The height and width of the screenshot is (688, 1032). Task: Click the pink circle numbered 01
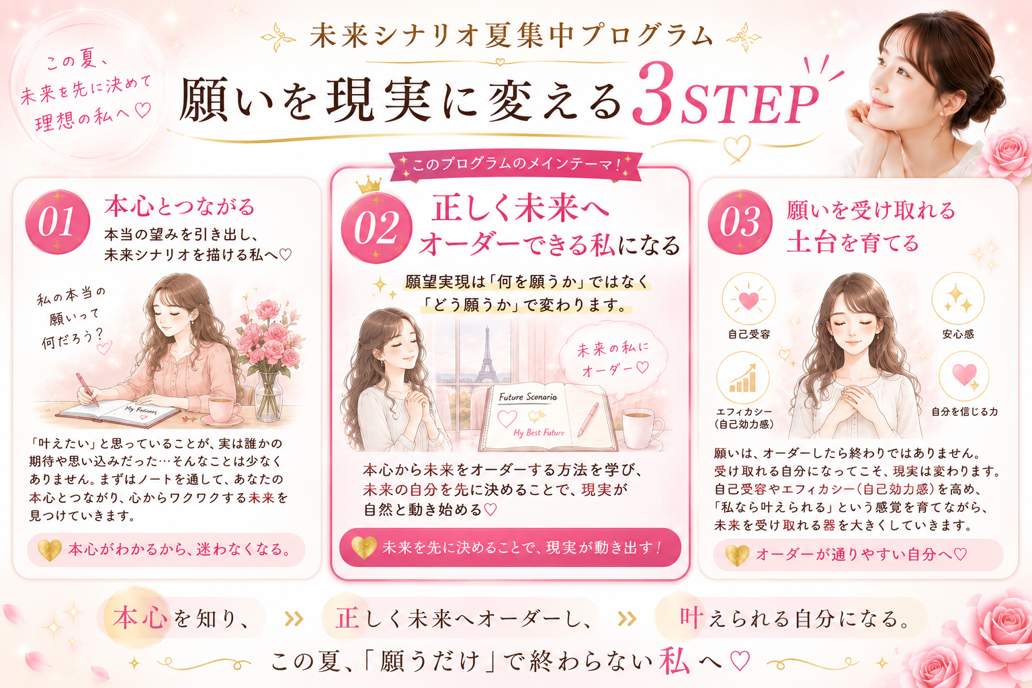point(58,222)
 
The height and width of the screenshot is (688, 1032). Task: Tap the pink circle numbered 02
point(376,228)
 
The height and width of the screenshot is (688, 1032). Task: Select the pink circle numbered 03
point(740,222)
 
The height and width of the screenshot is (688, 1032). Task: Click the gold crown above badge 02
point(369,185)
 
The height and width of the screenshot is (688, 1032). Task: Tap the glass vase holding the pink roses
point(269,396)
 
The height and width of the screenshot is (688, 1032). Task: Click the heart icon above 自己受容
point(748,300)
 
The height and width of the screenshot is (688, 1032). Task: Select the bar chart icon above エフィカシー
point(742,378)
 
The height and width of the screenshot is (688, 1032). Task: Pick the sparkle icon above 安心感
point(958,298)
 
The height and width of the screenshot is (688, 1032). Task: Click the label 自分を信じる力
point(964,411)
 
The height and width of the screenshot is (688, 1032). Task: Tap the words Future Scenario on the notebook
point(528,397)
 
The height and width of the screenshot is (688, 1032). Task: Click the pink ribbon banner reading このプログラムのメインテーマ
point(516,165)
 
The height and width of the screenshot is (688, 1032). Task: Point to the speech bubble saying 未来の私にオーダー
point(613,359)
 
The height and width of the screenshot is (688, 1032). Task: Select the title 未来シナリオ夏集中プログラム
point(511,36)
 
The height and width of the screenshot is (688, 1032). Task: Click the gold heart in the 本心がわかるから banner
point(49,550)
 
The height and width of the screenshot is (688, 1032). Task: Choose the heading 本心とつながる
point(179,206)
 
